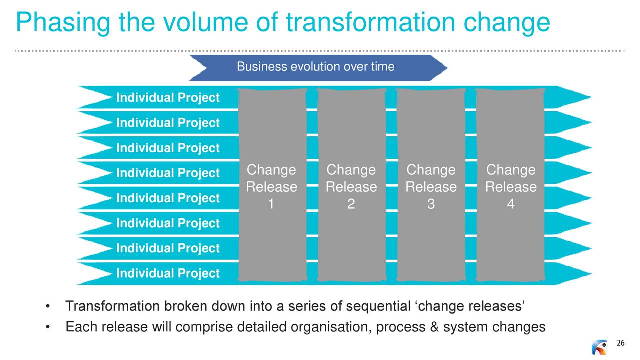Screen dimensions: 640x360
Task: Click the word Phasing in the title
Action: [63, 23]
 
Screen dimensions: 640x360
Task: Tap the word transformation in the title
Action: [370, 22]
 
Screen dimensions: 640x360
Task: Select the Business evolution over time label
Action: [315, 67]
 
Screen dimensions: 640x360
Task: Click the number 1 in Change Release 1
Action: [271, 204]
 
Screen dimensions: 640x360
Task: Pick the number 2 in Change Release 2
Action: [351, 204]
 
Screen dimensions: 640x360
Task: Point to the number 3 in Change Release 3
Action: [431, 204]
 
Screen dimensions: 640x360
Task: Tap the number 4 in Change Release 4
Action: [511, 204]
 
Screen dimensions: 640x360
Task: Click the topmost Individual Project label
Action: [168, 98]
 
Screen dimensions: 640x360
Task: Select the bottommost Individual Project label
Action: [168, 273]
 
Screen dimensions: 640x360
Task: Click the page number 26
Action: [620, 343]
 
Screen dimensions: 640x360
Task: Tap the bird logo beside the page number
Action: [599, 347]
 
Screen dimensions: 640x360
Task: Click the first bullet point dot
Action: [48, 307]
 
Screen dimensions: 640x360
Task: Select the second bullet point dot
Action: [48, 327]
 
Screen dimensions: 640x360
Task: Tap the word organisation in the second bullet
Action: [331, 327]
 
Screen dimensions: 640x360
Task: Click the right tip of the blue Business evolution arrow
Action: [447, 68]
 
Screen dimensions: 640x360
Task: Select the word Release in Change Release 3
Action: [431, 187]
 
